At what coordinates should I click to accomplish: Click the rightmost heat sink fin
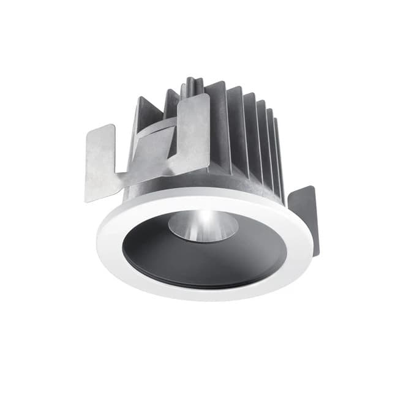[279, 159]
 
